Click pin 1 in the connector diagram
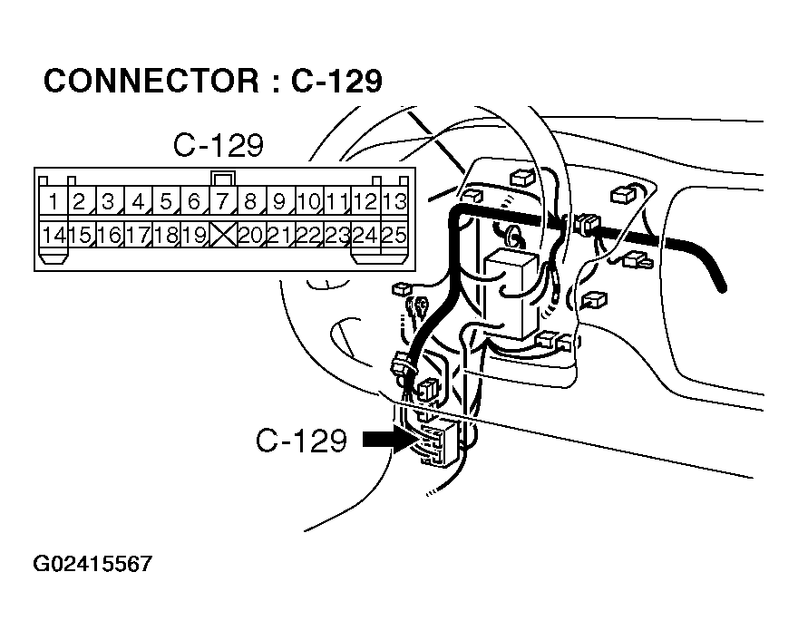53,202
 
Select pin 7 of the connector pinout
222,202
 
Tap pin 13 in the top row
394,202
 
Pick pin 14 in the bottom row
53,235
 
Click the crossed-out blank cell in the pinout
223,235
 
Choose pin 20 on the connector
251,235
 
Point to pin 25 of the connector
395,235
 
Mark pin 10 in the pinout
309,202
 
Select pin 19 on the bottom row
194,235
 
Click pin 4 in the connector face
138,202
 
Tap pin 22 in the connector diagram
308,235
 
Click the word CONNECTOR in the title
151,81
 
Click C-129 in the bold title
336,81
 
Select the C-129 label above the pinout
219,145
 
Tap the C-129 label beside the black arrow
301,441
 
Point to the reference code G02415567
92,564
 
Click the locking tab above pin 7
223,178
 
